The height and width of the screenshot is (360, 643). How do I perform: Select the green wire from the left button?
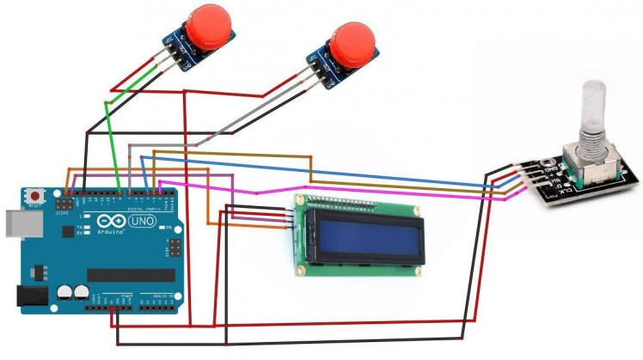coord(113,137)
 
